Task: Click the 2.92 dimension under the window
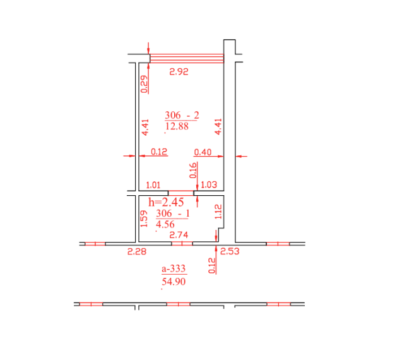(179, 71)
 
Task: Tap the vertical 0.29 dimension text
(144, 85)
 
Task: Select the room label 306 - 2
(182, 115)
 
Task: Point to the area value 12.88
(177, 126)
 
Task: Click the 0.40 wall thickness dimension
(203, 152)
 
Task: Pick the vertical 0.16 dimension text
(193, 171)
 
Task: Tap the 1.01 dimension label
(153, 185)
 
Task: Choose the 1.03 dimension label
(209, 184)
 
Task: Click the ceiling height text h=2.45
(166, 202)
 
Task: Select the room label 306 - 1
(173, 213)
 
